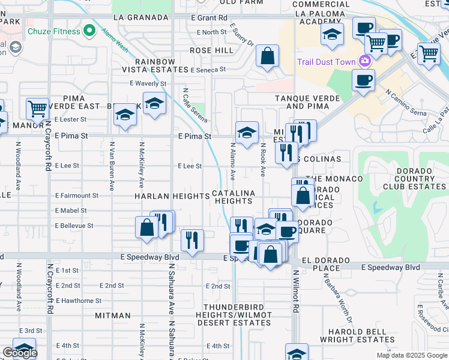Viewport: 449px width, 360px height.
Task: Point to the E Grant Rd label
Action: (209, 19)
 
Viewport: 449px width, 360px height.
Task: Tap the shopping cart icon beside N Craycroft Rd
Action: (37, 109)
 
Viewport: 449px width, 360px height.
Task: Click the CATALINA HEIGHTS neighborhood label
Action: (234, 197)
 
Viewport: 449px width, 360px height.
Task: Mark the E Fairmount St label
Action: (76, 196)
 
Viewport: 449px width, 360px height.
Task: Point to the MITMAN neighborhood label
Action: (112, 316)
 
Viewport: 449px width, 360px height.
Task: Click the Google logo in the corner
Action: (20, 353)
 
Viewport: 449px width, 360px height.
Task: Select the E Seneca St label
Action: (208, 70)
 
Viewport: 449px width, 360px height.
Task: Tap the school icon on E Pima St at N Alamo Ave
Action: (246, 133)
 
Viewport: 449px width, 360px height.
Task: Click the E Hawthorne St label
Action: (78, 301)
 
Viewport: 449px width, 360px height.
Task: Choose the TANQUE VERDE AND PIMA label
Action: (307, 102)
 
